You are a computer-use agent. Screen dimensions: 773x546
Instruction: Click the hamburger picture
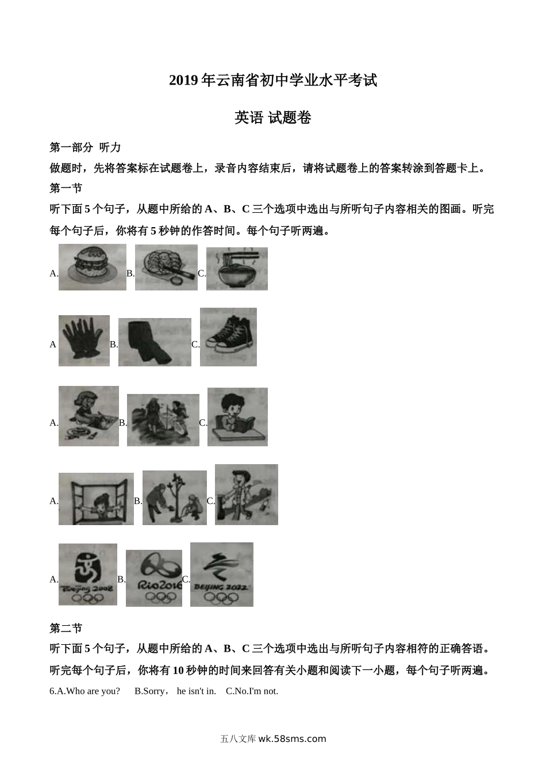coord(92,267)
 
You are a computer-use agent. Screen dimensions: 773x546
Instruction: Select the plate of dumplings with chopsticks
coord(166,267)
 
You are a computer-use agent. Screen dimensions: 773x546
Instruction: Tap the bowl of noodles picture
coord(237,269)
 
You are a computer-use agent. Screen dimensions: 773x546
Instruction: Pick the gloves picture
coord(84,340)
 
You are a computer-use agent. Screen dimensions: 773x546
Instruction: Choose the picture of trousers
coord(155,342)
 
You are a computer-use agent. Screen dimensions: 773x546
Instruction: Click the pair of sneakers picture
coord(228,337)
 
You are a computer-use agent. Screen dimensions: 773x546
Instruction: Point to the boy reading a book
coord(237,417)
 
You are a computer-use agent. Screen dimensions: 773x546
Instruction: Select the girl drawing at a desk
coord(89,416)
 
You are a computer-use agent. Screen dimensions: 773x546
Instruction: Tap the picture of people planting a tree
coord(174,498)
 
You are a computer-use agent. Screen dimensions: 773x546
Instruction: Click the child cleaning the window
coord(96,499)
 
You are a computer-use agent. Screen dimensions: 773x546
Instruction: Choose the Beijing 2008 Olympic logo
coord(87,575)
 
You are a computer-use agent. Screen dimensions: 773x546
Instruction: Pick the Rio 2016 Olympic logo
coord(153,578)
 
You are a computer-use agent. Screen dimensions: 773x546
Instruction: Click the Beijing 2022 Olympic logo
coord(221,575)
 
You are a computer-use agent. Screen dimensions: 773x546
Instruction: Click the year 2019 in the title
coord(183,81)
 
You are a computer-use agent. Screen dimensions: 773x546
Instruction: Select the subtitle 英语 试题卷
coord(273,118)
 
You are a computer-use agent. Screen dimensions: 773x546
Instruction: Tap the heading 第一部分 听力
coord(85,148)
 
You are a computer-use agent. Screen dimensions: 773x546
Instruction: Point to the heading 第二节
coord(66,628)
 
